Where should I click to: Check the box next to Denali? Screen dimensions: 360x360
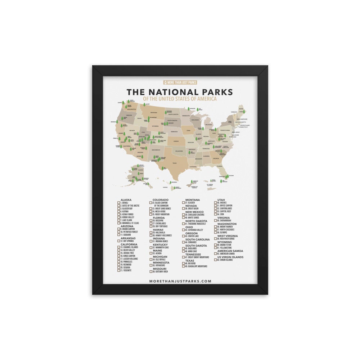118,203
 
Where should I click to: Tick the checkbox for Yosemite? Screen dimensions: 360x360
118,270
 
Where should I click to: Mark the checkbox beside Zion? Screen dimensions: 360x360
216,214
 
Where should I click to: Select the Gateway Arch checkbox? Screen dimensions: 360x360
151,271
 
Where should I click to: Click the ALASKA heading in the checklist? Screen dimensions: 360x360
126,199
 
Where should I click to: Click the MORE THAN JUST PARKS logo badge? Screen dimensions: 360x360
180,82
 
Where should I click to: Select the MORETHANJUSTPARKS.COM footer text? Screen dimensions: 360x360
180,282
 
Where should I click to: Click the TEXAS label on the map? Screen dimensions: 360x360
175,163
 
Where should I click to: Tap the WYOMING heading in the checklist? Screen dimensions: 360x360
225,242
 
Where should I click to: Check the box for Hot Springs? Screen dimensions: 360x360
118,241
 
